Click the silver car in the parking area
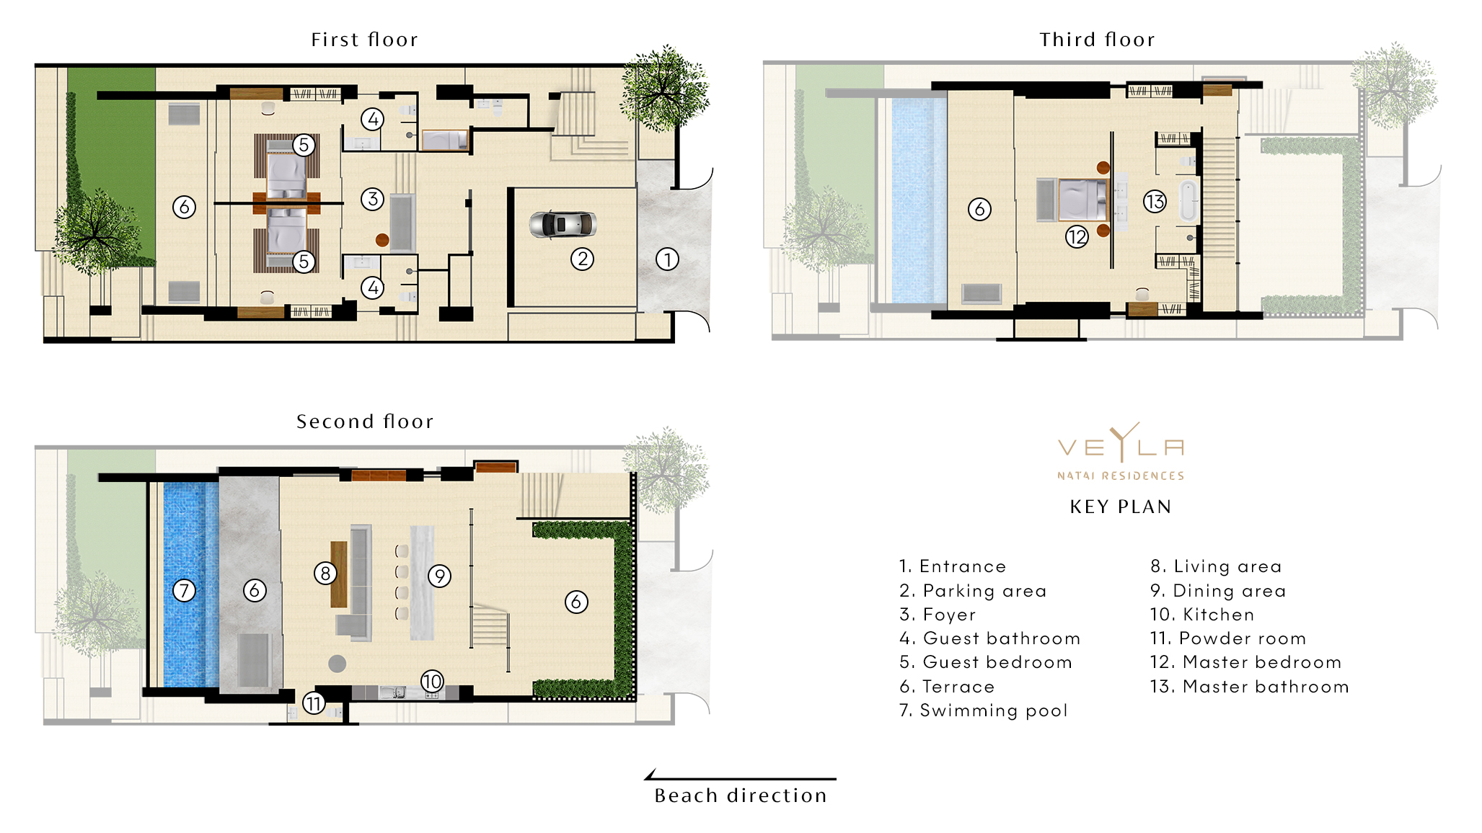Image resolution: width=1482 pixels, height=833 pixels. (x=563, y=224)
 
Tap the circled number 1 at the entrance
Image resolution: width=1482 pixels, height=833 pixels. (x=667, y=259)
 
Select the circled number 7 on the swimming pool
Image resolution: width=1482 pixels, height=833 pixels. (x=185, y=591)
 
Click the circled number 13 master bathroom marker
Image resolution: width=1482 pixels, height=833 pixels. (x=1155, y=202)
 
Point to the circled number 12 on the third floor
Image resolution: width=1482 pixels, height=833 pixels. (x=1077, y=236)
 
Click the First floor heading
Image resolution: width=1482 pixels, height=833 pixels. (x=364, y=40)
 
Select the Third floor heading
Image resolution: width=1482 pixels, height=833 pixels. (x=1097, y=40)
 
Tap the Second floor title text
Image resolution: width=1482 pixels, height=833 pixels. (x=365, y=422)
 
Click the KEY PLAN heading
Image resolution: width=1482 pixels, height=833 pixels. (x=1121, y=507)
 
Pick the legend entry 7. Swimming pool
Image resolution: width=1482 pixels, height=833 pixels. (x=983, y=710)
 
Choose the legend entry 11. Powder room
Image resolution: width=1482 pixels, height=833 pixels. (x=1227, y=638)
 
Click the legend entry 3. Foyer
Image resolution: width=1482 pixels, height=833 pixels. (x=938, y=615)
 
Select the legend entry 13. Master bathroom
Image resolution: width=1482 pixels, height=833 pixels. (x=1249, y=687)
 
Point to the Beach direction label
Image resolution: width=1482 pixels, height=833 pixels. (x=741, y=796)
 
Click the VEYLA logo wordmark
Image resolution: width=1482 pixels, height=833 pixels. (x=1121, y=447)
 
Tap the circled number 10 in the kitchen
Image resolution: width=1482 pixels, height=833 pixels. (x=432, y=681)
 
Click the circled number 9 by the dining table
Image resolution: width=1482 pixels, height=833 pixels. (x=439, y=576)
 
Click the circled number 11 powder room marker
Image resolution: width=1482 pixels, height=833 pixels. (x=314, y=703)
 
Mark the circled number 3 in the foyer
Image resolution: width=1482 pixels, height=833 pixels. (x=372, y=199)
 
